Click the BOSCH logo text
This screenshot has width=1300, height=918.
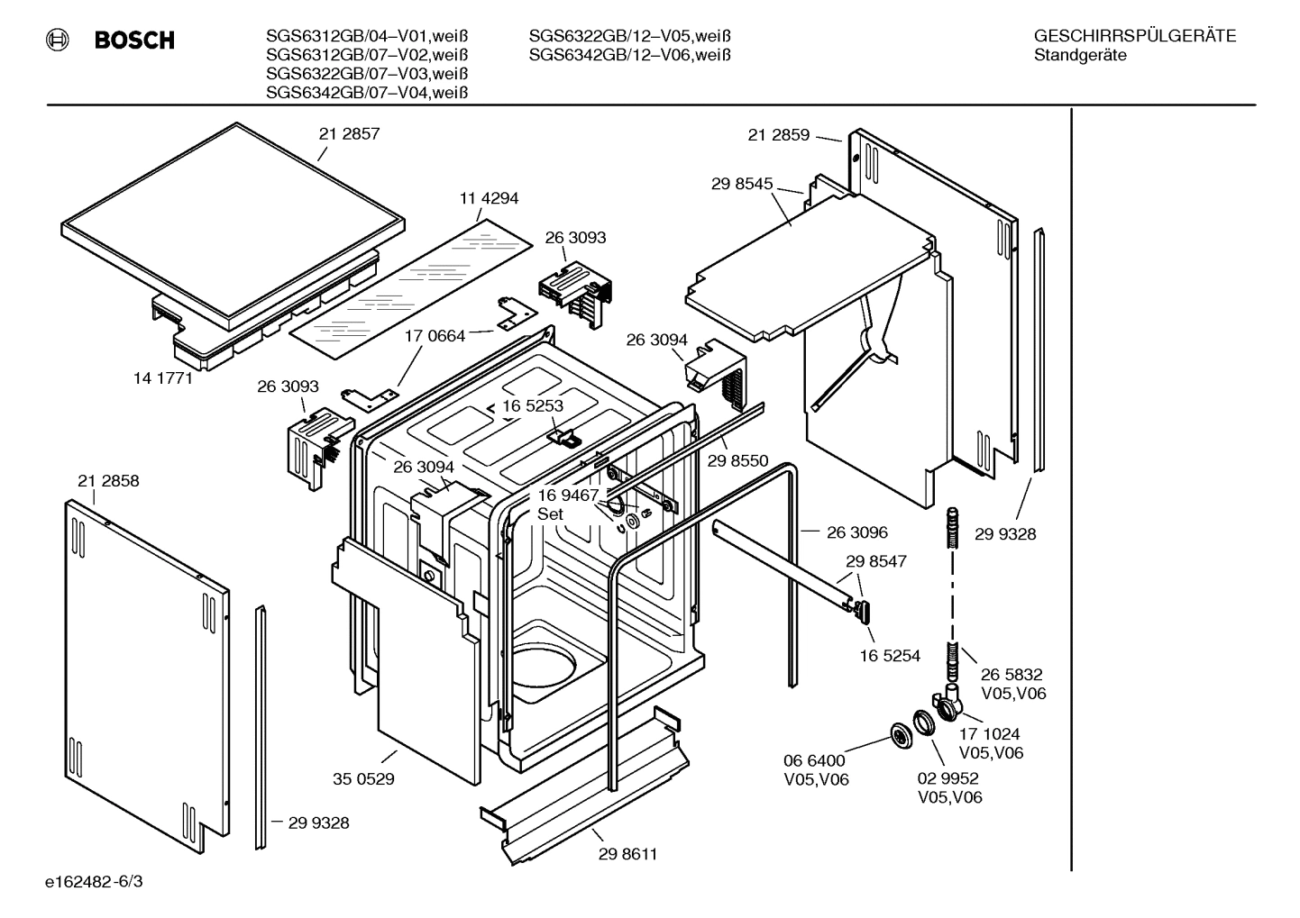coord(133,41)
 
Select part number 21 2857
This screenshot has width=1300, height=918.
coord(349,133)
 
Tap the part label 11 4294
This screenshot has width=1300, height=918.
coord(489,198)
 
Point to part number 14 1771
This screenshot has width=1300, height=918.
coord(163,378)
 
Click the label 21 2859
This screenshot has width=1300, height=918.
coord(779,135)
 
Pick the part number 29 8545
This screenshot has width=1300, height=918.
coord(742,184)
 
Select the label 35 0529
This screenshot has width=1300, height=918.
coord(363,779)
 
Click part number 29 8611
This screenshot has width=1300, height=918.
coord(627,854)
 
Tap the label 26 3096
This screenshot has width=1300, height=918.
coord(857,532)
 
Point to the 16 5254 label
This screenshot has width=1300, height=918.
coord(890,656)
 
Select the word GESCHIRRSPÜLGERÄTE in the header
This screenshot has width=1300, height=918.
coord(1134,36)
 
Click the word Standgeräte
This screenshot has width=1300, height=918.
coord(1080,55)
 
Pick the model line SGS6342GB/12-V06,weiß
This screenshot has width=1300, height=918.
coord(629,55)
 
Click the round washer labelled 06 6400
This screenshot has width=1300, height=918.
coord(899,735)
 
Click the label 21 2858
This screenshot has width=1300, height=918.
coord(108,481)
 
